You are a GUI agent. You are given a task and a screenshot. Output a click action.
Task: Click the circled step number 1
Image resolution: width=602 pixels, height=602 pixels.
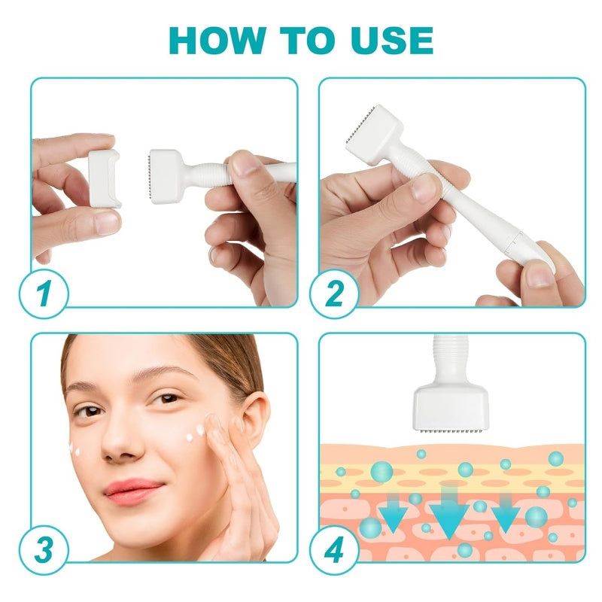(x=47, y=293)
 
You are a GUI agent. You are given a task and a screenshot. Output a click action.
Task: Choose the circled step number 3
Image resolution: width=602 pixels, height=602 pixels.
(x=47, y=549)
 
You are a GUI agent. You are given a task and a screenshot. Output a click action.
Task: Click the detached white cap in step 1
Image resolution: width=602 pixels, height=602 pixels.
(x=105, y=178)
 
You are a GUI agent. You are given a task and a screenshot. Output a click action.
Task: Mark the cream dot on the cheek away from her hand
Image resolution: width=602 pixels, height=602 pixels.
(x=75, y=450)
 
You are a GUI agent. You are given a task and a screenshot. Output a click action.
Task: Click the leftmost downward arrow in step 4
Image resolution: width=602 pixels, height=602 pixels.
(x=392, y=517)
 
